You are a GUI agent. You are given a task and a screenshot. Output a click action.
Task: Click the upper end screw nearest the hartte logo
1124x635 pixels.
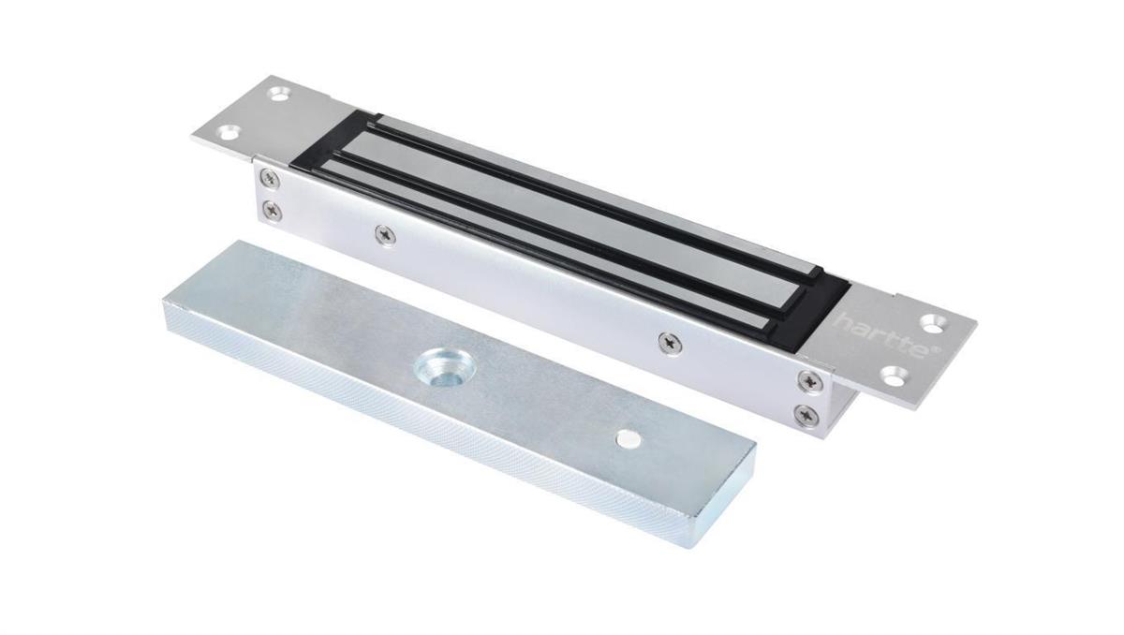click(806, 380)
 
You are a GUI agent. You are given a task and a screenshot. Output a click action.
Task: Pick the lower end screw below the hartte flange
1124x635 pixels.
click(804, 414)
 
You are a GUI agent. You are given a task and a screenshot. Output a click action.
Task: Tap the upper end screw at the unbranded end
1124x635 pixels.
click(271, 178)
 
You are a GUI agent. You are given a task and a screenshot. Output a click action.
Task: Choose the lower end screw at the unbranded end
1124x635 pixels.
click(273, 212)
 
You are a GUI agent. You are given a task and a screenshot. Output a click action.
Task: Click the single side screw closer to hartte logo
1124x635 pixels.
click(669, 343)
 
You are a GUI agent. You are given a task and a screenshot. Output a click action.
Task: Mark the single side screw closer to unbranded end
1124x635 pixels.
click(384, 234)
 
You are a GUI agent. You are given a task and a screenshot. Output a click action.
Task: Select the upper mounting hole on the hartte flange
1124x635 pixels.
click(932, 323)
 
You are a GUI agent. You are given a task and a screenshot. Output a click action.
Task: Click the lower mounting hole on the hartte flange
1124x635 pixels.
click(892, 378)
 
